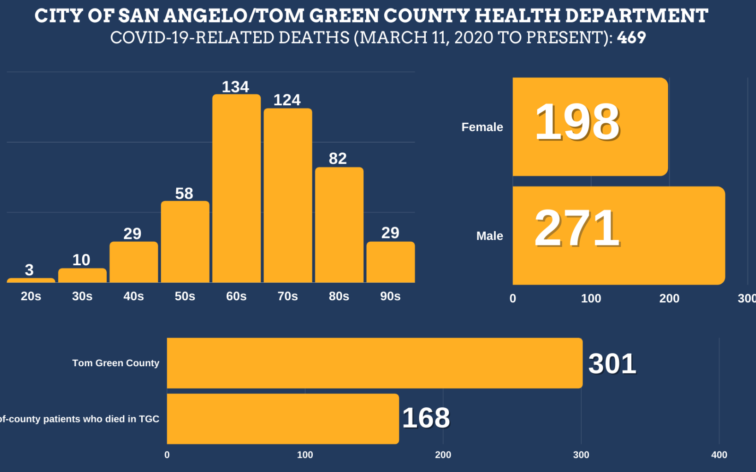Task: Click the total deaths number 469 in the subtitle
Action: pyautogui.click(x=631, y=38)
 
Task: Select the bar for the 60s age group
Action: pyautogui.click(x=236, y=189)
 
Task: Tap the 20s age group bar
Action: pyautogui.click(x=31, y=280)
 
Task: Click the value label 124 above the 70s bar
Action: pyautogui.click(x=287, y=100)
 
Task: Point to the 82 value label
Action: pyautogui.click(x=338, y=159)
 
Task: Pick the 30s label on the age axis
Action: pyautogui.click(x=82, y=296)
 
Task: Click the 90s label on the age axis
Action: pyautogui.click(x=390, y=296)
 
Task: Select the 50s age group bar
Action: pyautogui.click(x=185, y=242)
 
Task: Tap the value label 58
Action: pyautogui.click(x=184, y=194)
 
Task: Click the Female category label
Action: pyautogui.click(x=482, y=127)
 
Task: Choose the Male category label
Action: pyautogui.click(x=490, y=236)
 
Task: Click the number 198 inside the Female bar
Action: pyautogui.click(x=577, y=122)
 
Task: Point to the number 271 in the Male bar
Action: pyautogui.click(x=577, y=228)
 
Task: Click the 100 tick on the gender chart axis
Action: pyautogui.click(x=591, y=298)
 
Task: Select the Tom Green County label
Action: pyautogui.click(x=116, y=363)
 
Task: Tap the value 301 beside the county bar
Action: pyautogui.click(x=612, y=364)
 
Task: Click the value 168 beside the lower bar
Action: pyautogui.click(x=426, y=418)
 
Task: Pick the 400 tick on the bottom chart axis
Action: pyautogui.click(x=719, y=455)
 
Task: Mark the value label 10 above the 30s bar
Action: pyautogui.click(x=81, y=260)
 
